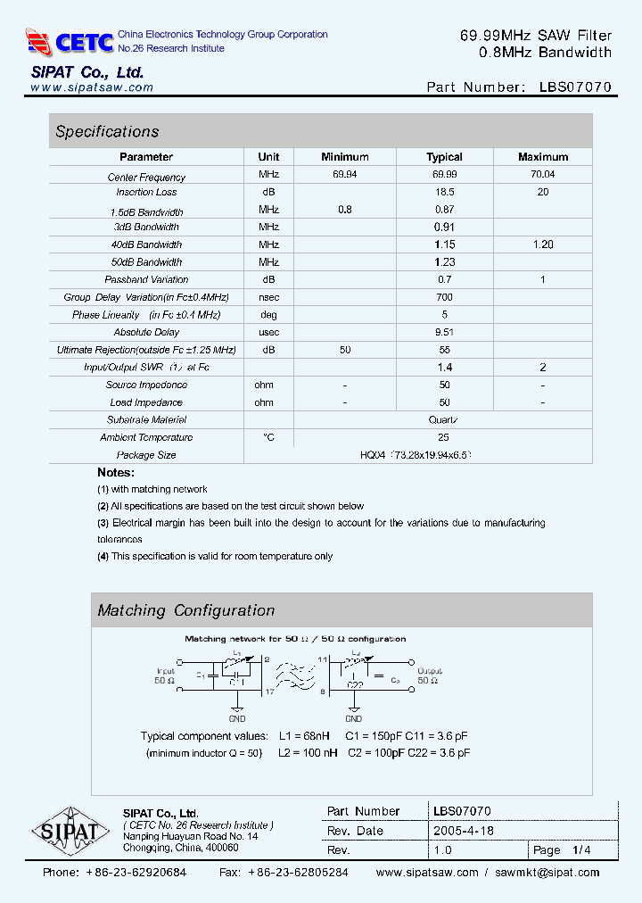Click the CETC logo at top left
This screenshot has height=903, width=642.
click(70, 41)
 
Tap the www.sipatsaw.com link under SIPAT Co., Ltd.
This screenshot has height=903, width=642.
click(92, 87)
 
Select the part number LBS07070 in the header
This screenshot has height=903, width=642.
click(575, 87)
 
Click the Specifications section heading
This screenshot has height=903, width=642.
click(107, 132)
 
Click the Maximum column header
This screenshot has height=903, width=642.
click(542, 157)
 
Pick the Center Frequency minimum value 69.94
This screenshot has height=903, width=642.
click(344, 175)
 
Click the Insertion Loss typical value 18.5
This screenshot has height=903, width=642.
click(444, 192)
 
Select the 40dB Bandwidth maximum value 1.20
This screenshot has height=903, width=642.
click(542, 244)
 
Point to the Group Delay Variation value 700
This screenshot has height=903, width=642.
click(444, 297)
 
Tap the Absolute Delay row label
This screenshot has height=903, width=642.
click(146, 332)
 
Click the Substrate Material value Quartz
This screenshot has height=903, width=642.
click(444, 419)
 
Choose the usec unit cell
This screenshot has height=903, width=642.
click(268, 332)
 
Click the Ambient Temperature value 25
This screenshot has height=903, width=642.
click(444, 437)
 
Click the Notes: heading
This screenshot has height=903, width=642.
click(116, 472)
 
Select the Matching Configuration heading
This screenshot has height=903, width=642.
click(185, 611)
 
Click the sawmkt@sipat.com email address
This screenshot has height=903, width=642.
click(547, 873)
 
